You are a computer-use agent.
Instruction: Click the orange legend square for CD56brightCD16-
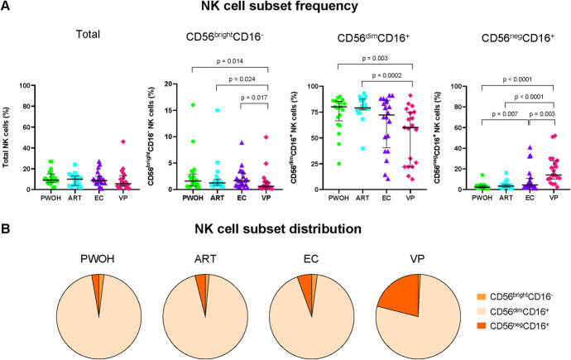coord(482,296)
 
